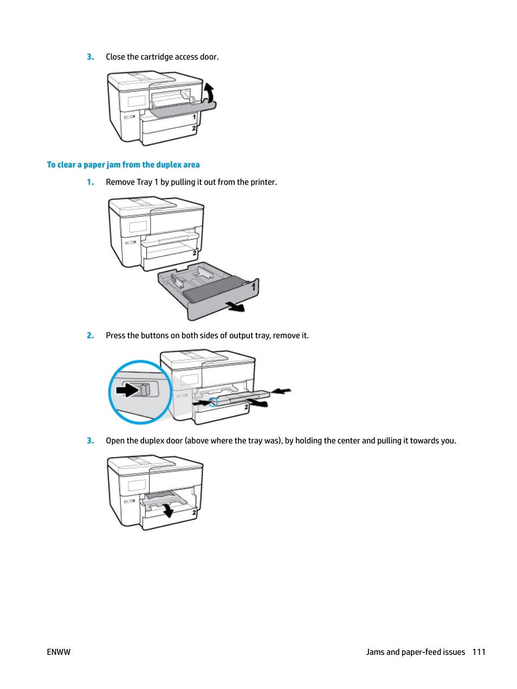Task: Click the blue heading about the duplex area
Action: click(123, 165)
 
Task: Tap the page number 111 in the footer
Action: click(479, 652)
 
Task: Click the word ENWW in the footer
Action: click(59, 652)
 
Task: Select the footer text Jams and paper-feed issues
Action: click(415, 652)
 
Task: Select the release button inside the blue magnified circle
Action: click(145, 389)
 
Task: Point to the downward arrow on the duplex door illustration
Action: click(169, 511)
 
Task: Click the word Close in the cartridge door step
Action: click(115, 57)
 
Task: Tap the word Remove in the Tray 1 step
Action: click(120, 182)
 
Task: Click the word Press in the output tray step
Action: click(115, 336)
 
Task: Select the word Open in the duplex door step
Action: click(115, 441)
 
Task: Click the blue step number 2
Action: click(91, 336)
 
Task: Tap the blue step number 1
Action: click(91, 182)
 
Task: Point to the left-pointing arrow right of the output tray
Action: click(281, 391)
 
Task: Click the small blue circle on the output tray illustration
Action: click(213, 402)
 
